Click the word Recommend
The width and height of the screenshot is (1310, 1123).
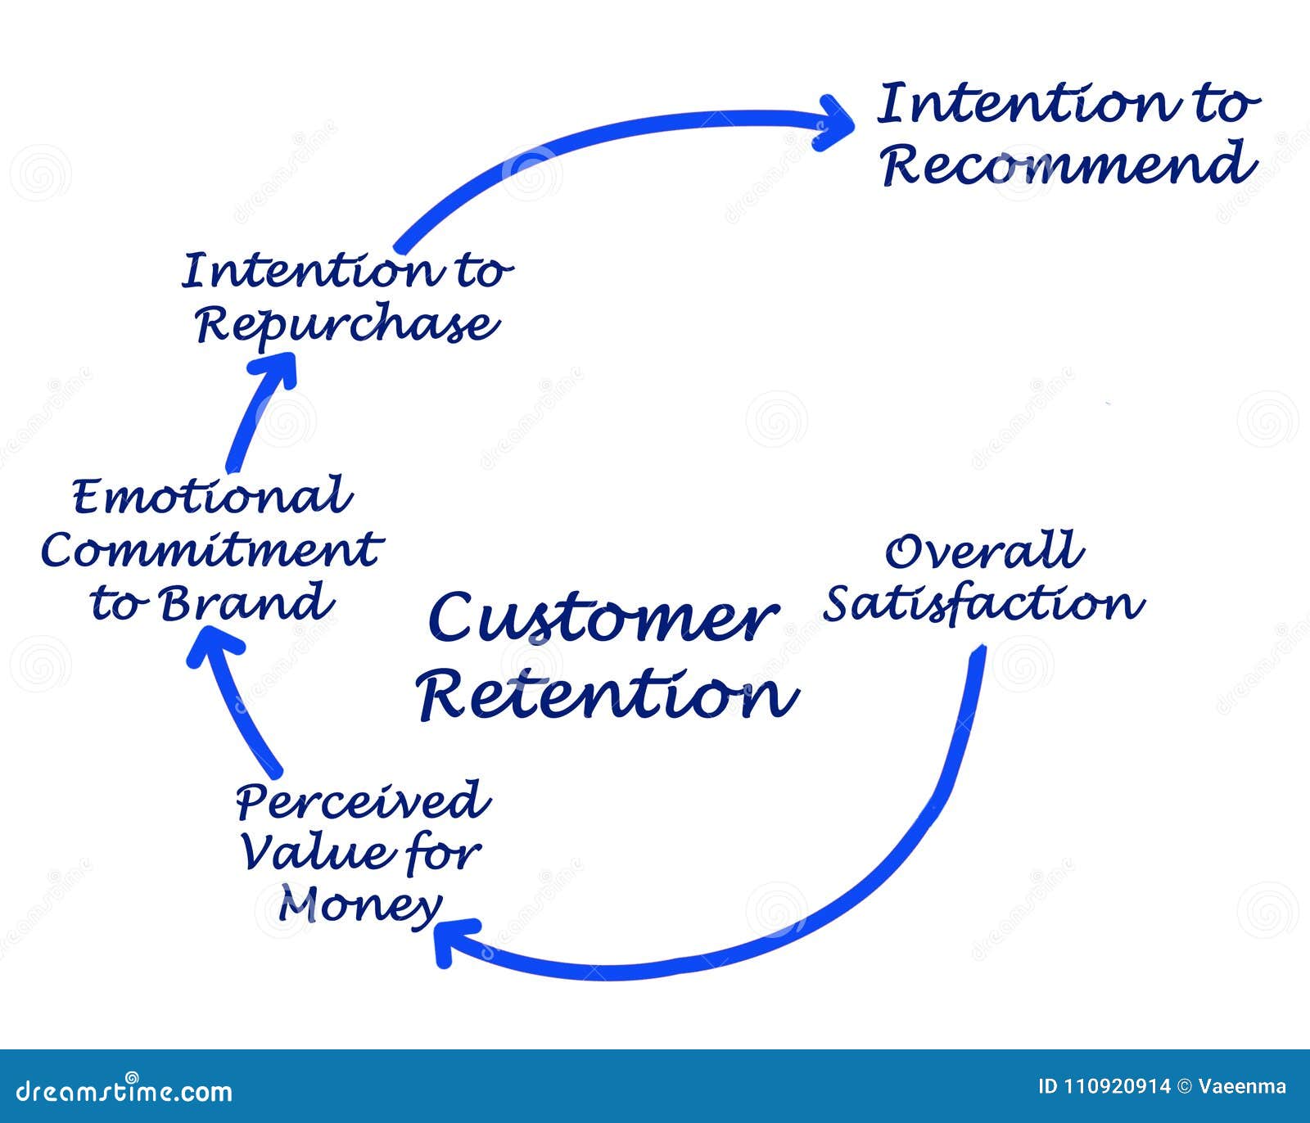point(1068,164)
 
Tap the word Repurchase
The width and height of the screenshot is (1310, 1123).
point(347,325)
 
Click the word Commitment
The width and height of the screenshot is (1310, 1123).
point(211,550)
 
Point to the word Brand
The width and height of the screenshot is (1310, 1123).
point(246,604)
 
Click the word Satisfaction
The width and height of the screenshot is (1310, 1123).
point(982,604)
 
